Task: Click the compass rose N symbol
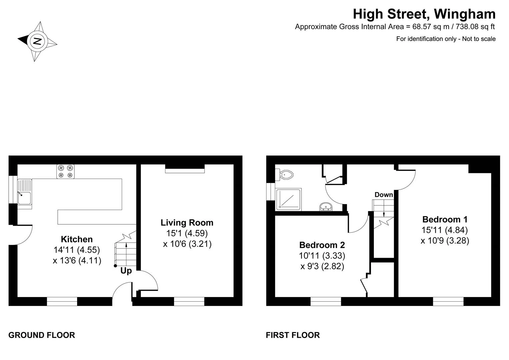point(37,41)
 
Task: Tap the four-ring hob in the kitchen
point(65,171)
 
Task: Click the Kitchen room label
point(77,239)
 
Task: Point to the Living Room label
point(187,223)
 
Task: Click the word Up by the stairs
point(126,271)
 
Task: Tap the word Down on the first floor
point(384,195)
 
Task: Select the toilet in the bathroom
point(284,175)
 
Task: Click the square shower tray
point(289,199)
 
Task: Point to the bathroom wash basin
point(326,206)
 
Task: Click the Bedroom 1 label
point(445,219)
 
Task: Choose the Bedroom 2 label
point(322,245)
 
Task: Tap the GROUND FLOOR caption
point(42,335)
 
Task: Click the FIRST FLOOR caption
point(293,335)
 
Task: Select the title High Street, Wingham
point(424,14)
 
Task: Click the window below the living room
point(189,301)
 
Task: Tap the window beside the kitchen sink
point(13,189)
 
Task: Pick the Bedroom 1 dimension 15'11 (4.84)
point(445,230)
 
